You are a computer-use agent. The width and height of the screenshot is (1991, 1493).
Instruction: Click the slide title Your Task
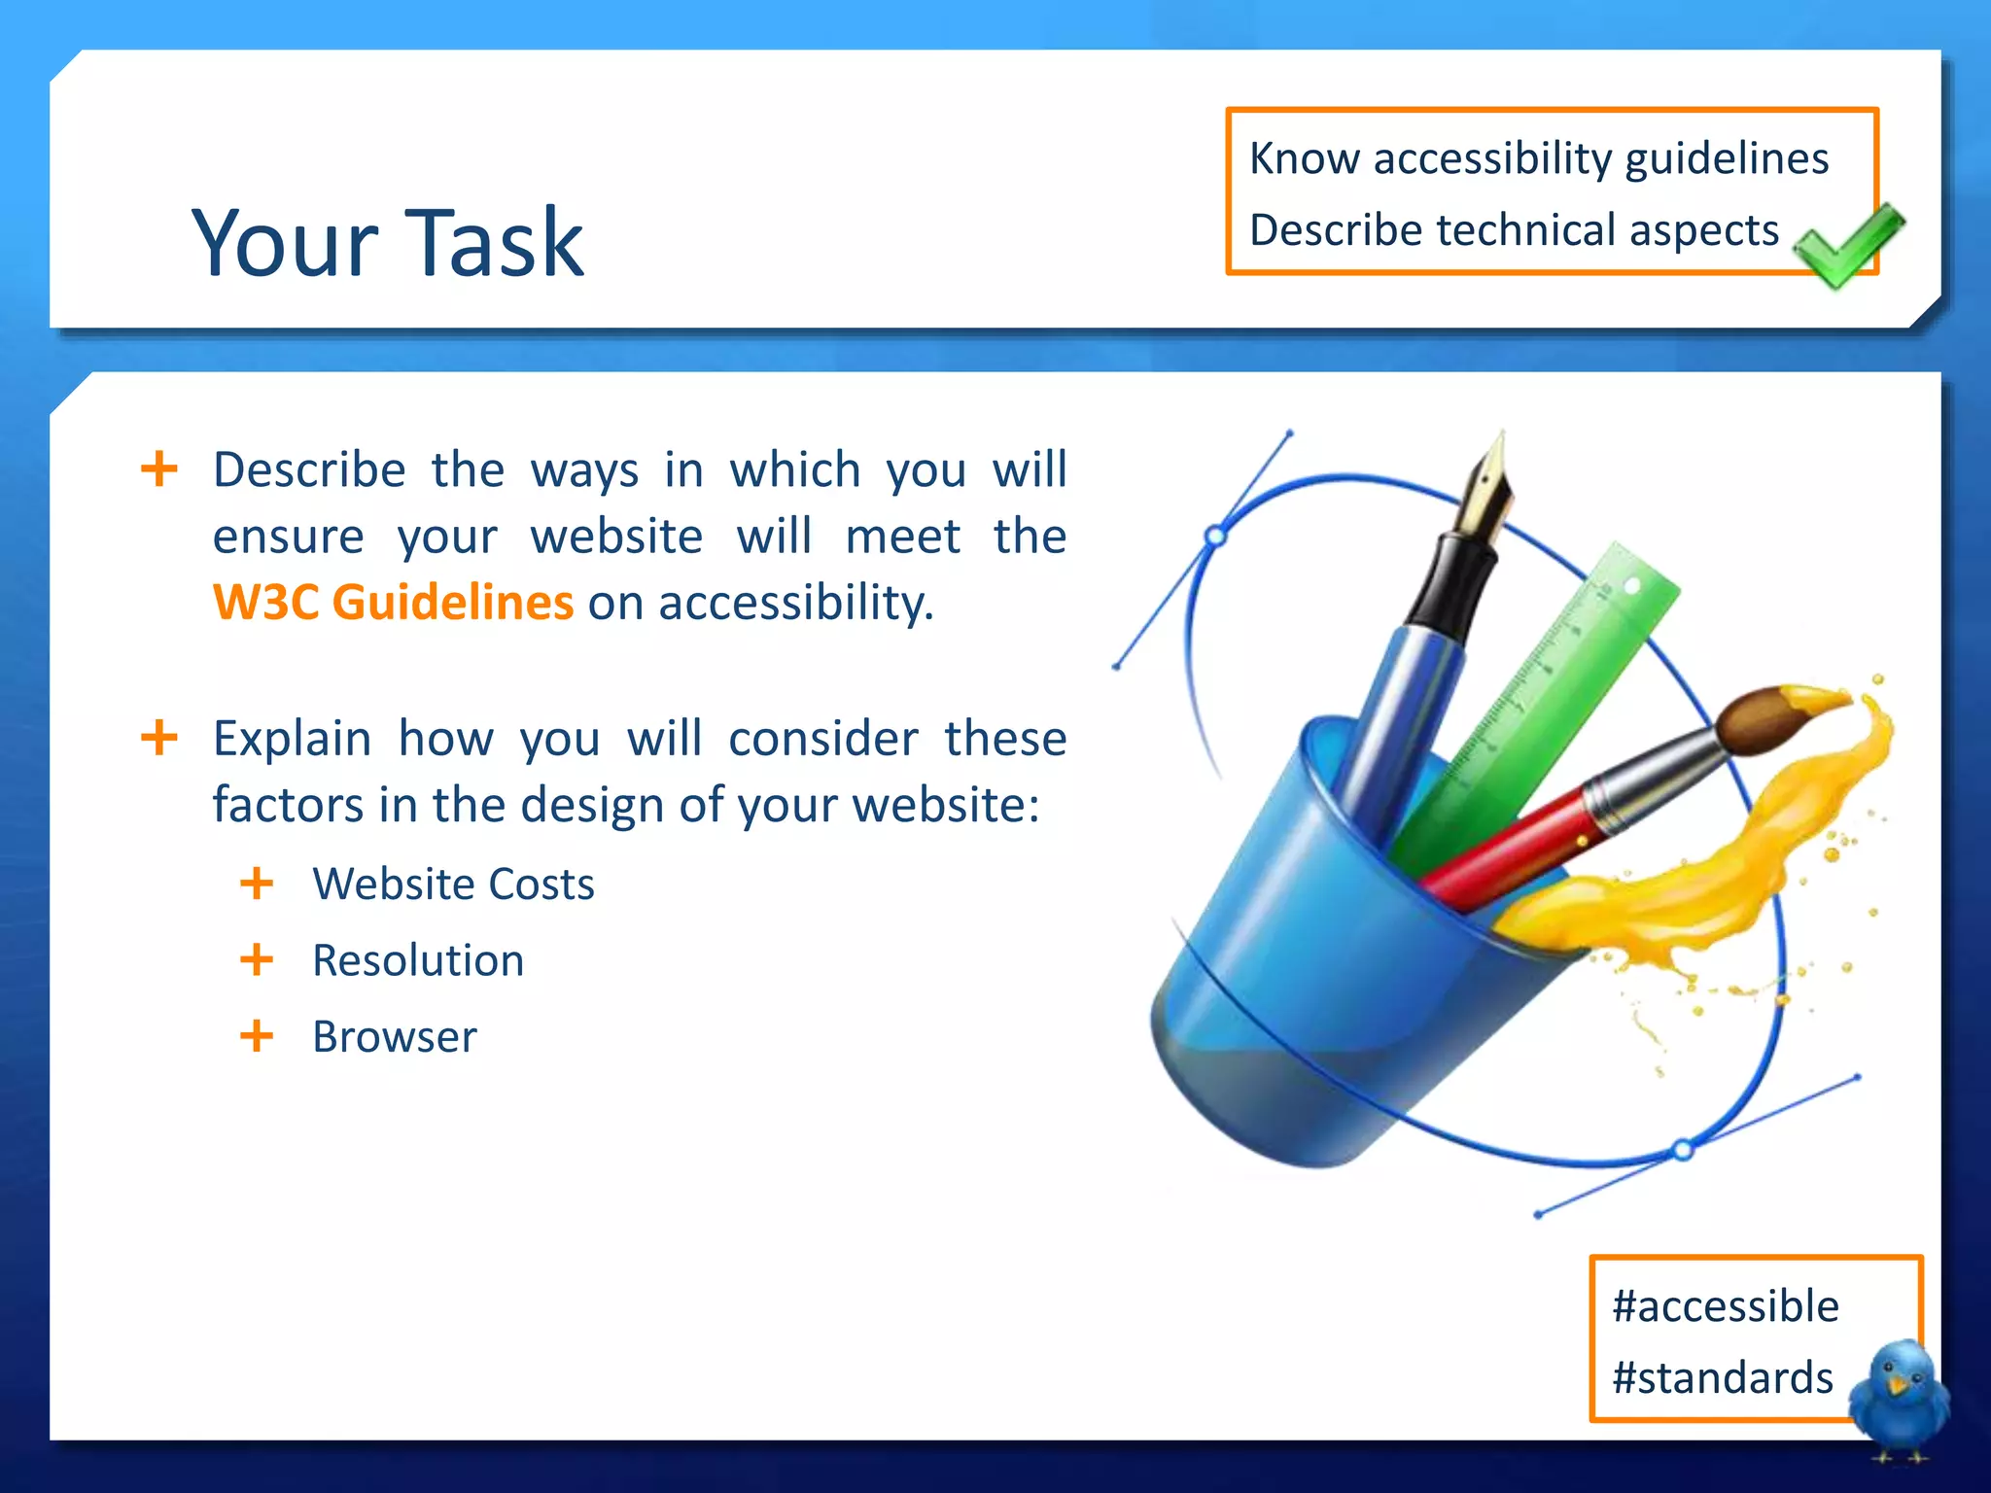pos(387,243)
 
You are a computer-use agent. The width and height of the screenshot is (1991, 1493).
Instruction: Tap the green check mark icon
pos(1846,245)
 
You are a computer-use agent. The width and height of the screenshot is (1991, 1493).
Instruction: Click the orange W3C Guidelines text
pos(393,603)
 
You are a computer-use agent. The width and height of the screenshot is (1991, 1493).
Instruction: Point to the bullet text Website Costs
pos(453,885)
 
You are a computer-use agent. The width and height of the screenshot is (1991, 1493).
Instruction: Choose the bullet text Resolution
pos(418,961)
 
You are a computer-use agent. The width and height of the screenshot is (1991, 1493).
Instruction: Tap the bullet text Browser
pos(395,1037)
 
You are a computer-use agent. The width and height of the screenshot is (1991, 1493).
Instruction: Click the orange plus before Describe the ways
pos(159,469)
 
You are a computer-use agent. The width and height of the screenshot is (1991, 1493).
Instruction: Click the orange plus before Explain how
pos(159,738)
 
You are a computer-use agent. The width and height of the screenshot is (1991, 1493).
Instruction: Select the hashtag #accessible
pos(1725,1306)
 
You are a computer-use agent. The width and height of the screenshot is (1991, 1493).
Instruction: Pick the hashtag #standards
pos(1722,1378)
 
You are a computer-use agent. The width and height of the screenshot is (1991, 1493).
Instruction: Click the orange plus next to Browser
pos(257,1036)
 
